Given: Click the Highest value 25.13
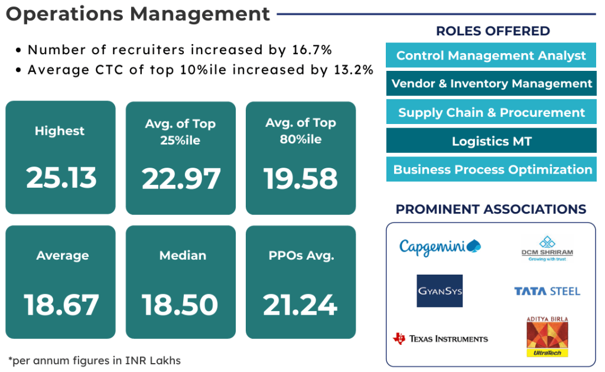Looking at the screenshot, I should coord(61,178).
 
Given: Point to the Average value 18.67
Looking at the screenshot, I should coord(61,305).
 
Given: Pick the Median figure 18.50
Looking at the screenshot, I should coord(180,305).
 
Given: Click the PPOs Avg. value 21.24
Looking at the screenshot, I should coord(300,305).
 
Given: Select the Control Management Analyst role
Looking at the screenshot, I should coord(491,56).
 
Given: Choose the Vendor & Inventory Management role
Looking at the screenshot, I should coord(491,84).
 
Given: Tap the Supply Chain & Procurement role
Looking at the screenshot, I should coord(491,112).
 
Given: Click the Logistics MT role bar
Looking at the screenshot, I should coord(491,141).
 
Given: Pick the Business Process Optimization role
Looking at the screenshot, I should coord(491,169).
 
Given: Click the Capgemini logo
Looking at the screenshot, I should coord(440,246).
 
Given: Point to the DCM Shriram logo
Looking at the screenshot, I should coord(547,249).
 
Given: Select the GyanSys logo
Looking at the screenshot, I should coord(440,291).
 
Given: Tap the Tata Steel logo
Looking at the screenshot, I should coord(547,291).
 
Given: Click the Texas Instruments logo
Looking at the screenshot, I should coord(441,338).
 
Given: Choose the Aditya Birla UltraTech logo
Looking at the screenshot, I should coord(547,337).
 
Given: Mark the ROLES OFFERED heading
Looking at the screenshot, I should coord(493,31).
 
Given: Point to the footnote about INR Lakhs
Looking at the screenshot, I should coord(95,360).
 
